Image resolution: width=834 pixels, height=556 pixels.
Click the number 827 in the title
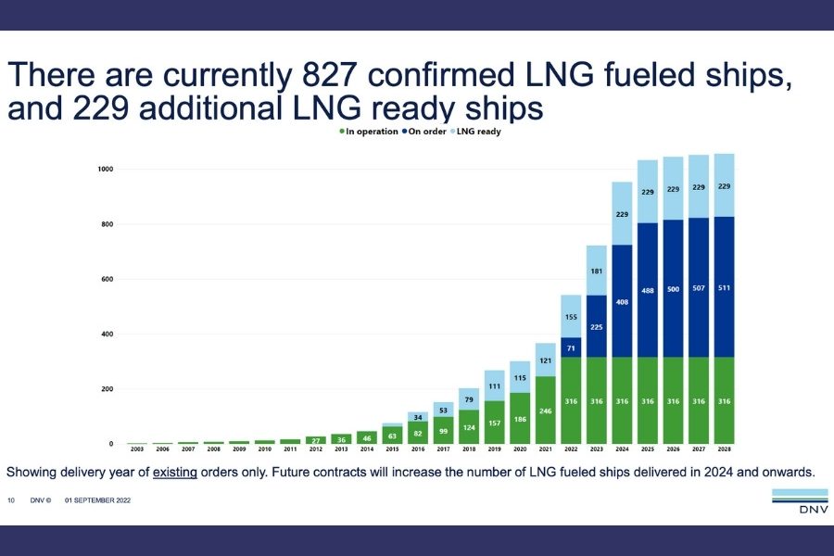328,74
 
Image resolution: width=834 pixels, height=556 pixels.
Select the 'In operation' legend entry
369,132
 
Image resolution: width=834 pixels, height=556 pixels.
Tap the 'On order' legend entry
424,132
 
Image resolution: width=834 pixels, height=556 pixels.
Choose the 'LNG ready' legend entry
475,132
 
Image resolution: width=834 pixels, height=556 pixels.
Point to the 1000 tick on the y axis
106,170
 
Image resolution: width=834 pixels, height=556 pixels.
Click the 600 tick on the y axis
107,279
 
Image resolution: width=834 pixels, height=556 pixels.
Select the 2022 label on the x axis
571,449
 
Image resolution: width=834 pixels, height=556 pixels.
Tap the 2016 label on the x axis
418,449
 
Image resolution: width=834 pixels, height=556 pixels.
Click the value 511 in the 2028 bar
724,288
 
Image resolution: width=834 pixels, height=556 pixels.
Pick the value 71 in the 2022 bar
571,348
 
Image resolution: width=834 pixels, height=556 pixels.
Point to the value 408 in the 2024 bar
622,302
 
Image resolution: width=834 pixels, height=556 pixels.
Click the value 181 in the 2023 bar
596,272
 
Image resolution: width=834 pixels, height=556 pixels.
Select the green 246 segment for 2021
545,411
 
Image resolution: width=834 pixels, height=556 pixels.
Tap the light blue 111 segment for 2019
494,385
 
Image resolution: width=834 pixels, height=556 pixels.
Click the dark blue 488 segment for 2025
648,290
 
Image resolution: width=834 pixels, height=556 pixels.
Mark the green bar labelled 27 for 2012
316,440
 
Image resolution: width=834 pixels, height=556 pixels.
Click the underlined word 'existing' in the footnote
175,472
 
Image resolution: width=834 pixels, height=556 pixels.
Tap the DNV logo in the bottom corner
800,501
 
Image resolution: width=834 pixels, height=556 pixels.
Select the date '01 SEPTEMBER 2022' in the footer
98,500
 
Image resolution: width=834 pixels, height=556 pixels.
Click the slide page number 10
11,500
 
